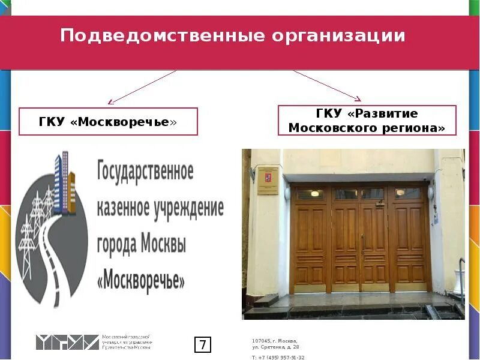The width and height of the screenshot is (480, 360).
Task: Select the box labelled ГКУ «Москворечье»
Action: click(x=109, y=122)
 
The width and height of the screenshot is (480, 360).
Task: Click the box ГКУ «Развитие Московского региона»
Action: click(x=367, y=120)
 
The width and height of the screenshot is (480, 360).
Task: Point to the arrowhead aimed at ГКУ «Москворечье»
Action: click(x=110, y=103)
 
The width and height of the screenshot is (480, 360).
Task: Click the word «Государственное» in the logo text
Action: click(x=145, y=172)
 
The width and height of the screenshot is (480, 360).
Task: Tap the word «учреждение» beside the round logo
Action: click(x=190, y=208)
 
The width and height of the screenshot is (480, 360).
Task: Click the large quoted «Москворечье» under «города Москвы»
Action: click(x=141, y=280)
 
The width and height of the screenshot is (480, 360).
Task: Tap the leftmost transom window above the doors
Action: click(x=309, y=194)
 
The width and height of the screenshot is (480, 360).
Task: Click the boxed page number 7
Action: click(x=203, y=345)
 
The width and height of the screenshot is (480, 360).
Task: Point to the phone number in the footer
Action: click(x=278, y=356)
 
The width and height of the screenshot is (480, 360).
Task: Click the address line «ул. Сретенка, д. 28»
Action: click(x=275, y=347)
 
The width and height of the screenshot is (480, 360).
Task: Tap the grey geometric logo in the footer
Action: click(x=67, y=343)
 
